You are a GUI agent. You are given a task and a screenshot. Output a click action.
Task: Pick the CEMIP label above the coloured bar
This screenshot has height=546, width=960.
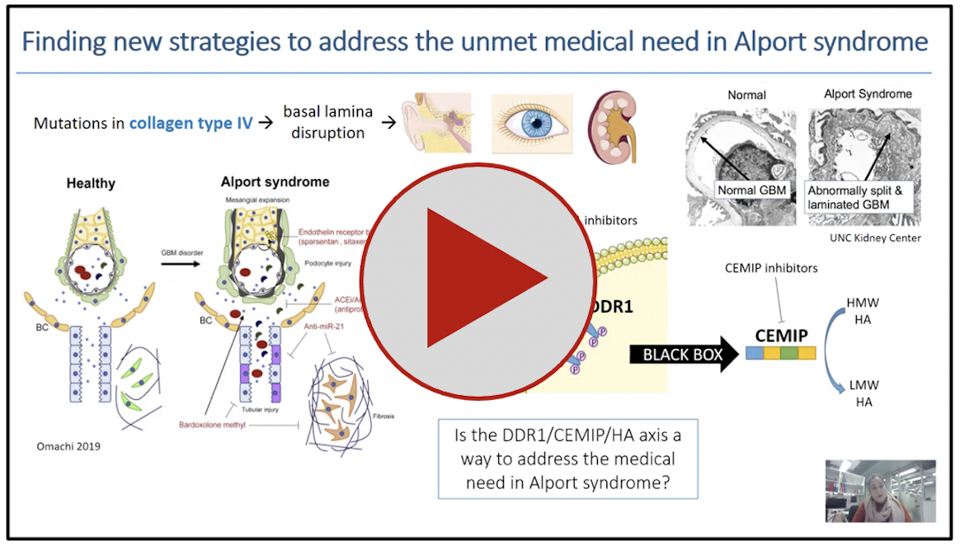(x=781, y=336)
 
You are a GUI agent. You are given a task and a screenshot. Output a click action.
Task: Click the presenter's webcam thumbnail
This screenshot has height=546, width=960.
(x=880, y=491)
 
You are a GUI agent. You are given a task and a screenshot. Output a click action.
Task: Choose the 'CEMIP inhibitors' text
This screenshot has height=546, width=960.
(x=771, y=268)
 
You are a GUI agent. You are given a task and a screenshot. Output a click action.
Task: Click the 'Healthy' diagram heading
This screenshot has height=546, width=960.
(x=91, y=183)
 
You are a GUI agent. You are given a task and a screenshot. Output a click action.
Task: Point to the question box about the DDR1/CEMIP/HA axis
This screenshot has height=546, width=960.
(x=567, y=459)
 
